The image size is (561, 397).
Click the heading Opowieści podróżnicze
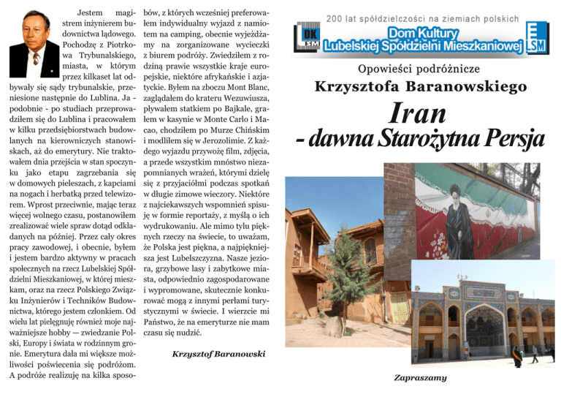coord(420,70)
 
